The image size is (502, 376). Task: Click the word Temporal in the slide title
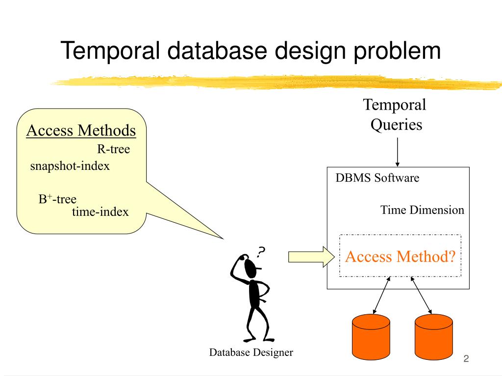pos(110,50)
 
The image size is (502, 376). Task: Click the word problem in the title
pos(397,51)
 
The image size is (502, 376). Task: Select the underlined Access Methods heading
pos(81,130)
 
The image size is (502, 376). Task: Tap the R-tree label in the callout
pos(114,149)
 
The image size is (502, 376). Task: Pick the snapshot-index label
pos(70,166)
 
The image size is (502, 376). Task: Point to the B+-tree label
pos(58,199)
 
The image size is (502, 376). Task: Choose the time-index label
pos(100,211)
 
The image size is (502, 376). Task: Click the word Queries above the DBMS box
pos(396,125)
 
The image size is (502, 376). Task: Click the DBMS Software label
pos(377,178)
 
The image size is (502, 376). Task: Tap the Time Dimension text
pos(422,210)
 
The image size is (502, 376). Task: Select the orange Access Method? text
pos(400,257)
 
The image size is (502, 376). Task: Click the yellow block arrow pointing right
pos(311,257)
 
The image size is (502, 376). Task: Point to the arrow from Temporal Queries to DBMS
pos(397,152)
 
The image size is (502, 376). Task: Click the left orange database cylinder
pos(371,337)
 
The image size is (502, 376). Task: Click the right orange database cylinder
pos(434,337)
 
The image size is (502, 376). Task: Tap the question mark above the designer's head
pos(261,252)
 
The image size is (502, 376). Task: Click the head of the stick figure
pos(251,268)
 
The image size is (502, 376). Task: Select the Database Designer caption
pos(251,352)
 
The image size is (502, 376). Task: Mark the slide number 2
pos(466,359)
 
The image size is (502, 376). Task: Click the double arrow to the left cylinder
pos(381,295)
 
